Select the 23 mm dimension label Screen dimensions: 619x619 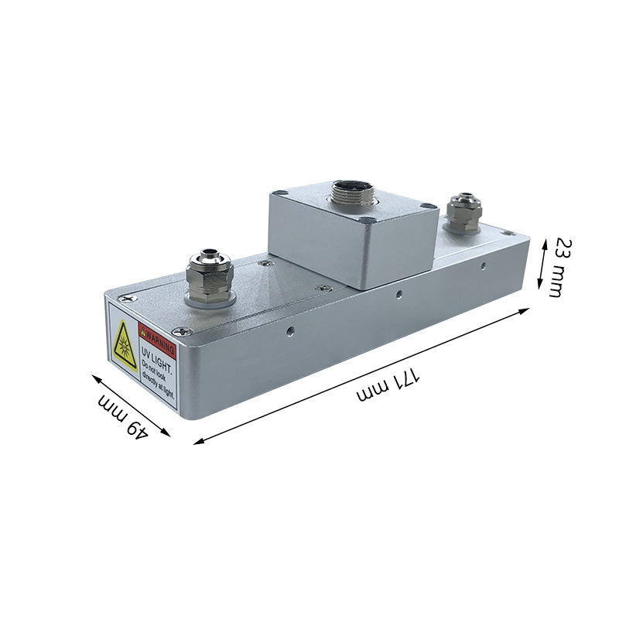pyautogui.click(x=559, y=267)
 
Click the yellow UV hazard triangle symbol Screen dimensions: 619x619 pyautogui.click(x=125, y=346)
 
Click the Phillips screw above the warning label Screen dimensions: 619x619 pyautogui.click(x=129, y=299)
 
